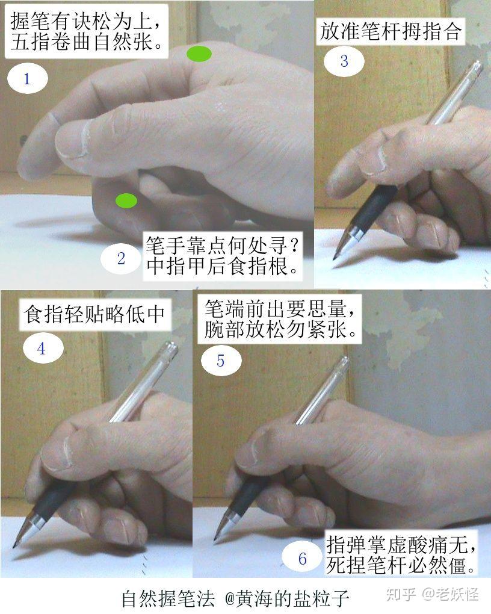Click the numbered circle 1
[27, 79]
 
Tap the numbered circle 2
[121, 259]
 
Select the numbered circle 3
[344, 61]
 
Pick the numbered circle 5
[221, 361]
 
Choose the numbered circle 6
[302, 559]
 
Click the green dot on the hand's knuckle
[199, 54]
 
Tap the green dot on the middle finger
[126, 200]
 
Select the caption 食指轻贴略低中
[94, 314]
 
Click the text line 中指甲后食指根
[223, 266]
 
